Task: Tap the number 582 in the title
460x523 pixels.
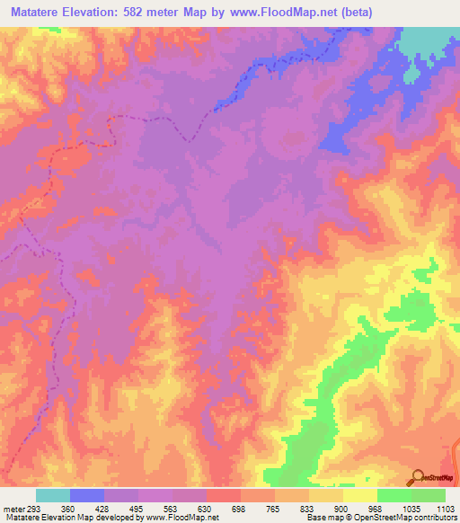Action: pos(147,13)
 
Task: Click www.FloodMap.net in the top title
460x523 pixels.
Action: pos(273,13)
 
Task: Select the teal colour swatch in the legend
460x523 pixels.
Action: pos(53,495)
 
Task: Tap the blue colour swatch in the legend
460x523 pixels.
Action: pos(87,495)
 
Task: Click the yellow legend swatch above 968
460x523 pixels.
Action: pos(359,495)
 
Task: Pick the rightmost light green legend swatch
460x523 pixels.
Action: pos(428,495)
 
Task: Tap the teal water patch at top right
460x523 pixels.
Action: pos(431,40)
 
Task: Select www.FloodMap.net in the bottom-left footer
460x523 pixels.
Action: pos(183,518)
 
